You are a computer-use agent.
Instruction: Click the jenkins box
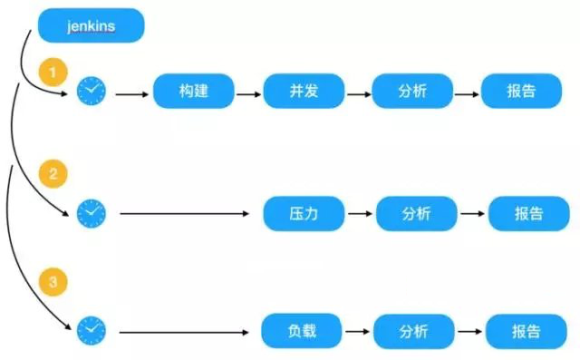pos(91,25)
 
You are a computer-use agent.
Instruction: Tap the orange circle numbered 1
pos(53,71)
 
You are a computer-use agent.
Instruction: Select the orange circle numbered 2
pos(53,175)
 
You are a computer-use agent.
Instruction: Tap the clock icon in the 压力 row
pos(91,214)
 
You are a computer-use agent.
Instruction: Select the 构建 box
pos(194,91)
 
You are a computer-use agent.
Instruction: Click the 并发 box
pos(302,91)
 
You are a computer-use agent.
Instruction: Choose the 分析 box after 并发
pos(412,91)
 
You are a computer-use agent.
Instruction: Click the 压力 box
pos(304,214)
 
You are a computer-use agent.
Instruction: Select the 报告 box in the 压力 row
pos(528,214)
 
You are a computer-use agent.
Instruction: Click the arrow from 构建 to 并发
pos(248,92)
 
